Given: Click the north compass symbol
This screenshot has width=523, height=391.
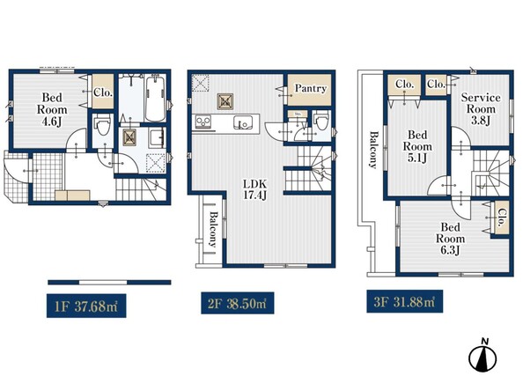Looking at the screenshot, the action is click(482, 356).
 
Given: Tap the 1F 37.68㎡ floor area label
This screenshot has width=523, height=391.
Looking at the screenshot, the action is click(86, 306).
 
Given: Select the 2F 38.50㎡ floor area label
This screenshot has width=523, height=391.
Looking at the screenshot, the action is click(238, 303).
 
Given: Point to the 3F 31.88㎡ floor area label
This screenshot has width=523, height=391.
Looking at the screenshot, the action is click(405, 301).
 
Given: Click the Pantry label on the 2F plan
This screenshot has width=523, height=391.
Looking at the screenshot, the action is click(310, 88).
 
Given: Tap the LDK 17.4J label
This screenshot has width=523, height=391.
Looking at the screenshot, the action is click(254, 189).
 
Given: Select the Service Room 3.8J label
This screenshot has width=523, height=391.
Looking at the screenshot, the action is click(481, 109).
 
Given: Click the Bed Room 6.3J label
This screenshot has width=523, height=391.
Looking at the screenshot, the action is click(450, 239).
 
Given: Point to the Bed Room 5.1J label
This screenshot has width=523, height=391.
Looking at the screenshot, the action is click(417, 146).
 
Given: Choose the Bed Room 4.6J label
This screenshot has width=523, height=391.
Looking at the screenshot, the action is click(52, 109).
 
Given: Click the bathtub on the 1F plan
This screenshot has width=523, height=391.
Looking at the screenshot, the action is click(156, 98).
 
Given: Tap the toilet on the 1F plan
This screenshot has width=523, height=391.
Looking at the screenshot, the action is click(103, 125).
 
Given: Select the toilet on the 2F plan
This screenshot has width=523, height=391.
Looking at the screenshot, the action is click(322, 122).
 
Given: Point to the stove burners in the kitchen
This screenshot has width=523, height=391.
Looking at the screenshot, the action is click(203, 122).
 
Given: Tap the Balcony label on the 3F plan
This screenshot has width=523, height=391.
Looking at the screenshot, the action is click(374, 150).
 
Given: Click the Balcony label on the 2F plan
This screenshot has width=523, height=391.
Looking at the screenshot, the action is click(213, 229).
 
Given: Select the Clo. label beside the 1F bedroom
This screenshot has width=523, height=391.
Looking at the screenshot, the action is click(103, 92).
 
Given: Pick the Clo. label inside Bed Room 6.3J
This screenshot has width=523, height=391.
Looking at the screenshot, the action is click(502, 218).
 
